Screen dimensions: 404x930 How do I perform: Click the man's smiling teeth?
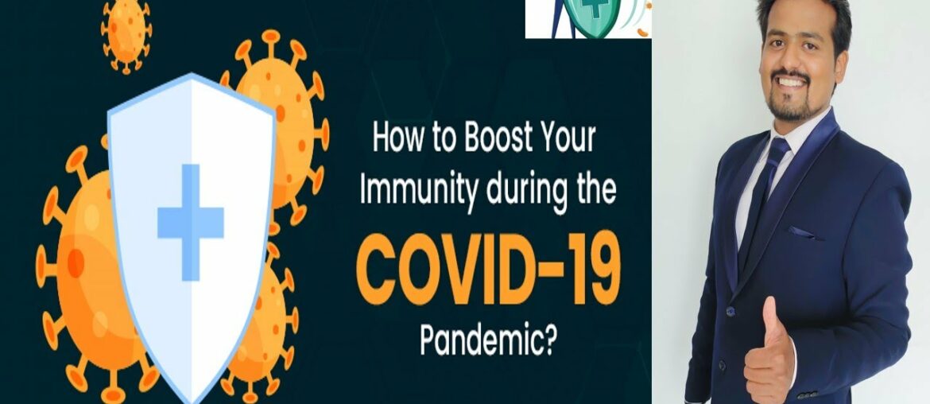791,80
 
